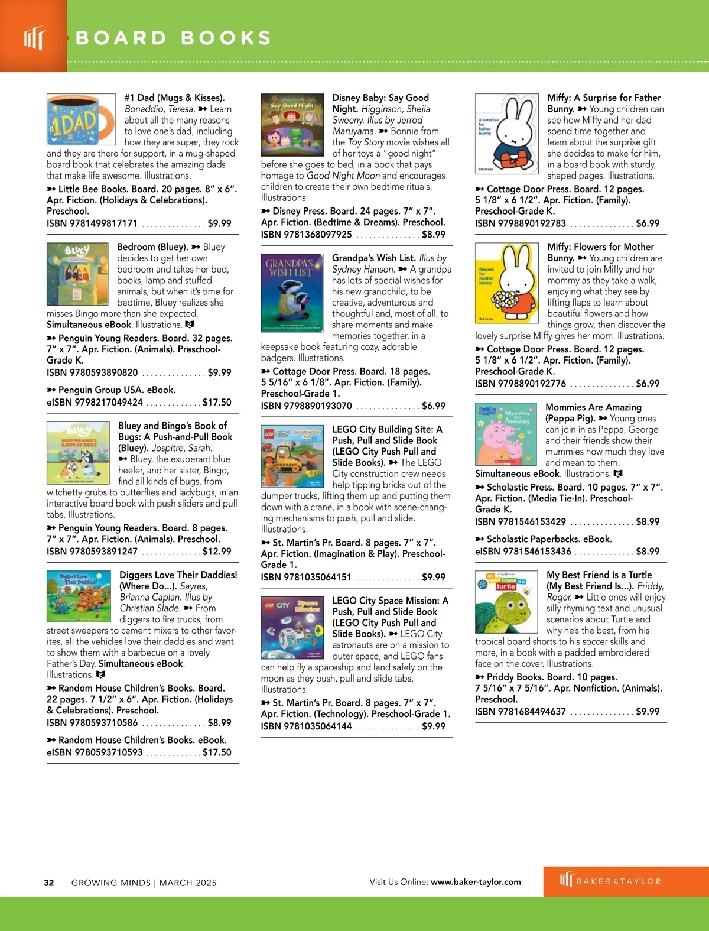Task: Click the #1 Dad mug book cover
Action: point(81,119)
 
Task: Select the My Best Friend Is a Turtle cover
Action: point(506,602)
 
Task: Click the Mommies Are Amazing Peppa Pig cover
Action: point(506,434)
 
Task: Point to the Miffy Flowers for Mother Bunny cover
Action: point(506,283)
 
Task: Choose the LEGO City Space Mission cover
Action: point(292,627)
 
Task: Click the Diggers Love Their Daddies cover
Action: point(79,596)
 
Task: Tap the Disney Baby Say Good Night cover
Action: point(292,124)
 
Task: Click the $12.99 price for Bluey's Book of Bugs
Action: point(217,552)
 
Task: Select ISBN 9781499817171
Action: point(92,223)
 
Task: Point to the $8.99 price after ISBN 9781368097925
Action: point(434,235)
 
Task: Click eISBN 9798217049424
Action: point(95,402)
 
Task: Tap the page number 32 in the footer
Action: point(49,883)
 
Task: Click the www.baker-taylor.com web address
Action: point(476,882)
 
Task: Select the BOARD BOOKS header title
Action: point(174,38)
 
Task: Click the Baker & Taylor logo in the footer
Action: point(610,881)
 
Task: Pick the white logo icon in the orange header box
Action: point(34,38)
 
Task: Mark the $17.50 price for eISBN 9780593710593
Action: point(217,752)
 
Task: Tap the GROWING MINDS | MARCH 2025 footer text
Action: point(144,883)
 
